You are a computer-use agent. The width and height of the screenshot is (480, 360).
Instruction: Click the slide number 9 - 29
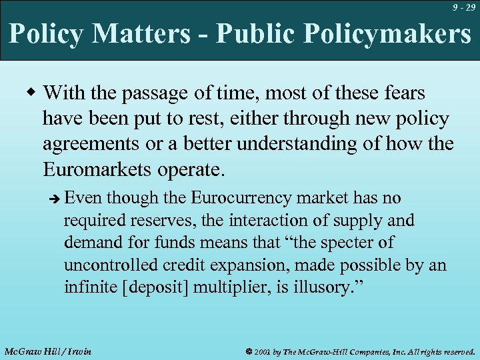pyautogui.click(x=463, y=8)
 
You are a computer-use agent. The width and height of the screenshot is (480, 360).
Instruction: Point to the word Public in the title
pyautogui.click(x=249, y=34)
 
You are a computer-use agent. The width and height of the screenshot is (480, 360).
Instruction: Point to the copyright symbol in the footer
pyautogui.click(x=247, y=351)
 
